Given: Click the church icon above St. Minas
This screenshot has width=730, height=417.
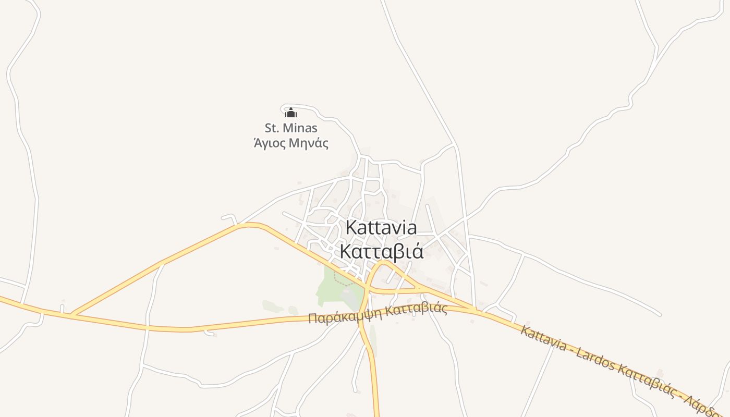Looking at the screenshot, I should tap(291, 113).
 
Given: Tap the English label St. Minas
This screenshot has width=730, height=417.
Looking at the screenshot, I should tap(291, 128).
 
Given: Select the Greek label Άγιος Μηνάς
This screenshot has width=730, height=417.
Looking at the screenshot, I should tap(291, 142).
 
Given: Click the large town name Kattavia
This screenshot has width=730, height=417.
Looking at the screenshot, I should tap(381, 228).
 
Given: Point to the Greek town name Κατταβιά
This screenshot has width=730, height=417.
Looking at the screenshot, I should tap(381, 251).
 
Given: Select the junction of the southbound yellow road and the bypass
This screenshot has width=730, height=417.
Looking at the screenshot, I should tap(363, 312).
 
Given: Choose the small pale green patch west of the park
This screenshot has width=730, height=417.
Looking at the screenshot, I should tap(273, 306).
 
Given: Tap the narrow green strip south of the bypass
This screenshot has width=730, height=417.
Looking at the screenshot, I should tap(373, 336).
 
